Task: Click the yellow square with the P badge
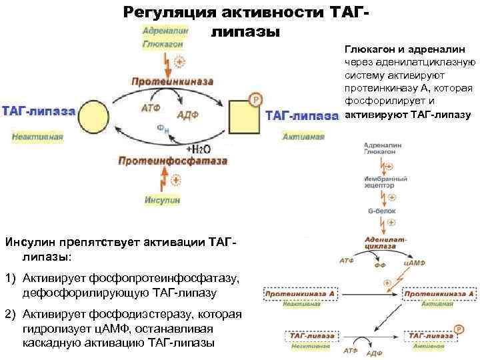tap(244, 115)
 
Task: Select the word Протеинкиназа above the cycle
tap(172, 81)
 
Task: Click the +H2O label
tap(198, 149)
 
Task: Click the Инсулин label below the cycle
tap(163, 199)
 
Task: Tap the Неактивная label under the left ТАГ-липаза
tap(37, 137)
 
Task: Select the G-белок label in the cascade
tap(381, 212)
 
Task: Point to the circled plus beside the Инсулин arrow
tap(177, 179)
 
